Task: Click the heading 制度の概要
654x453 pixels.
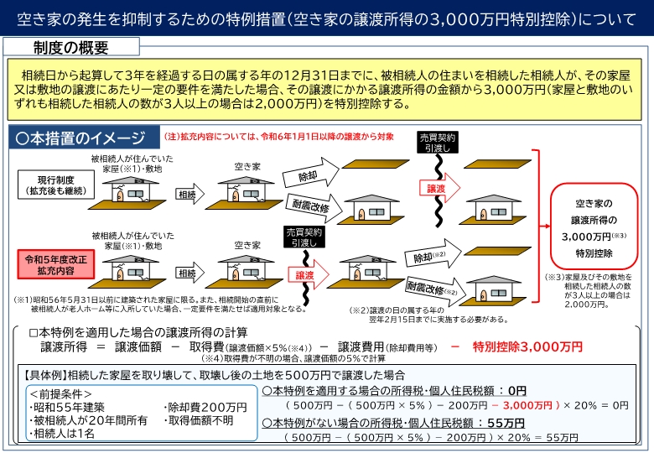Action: (x=71, y=47)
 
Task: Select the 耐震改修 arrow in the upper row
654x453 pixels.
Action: (x=312, y=206)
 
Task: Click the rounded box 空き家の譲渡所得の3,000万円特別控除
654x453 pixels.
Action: (x=593, y=226)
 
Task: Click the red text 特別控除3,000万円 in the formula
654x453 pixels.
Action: (x=527, y=346)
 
